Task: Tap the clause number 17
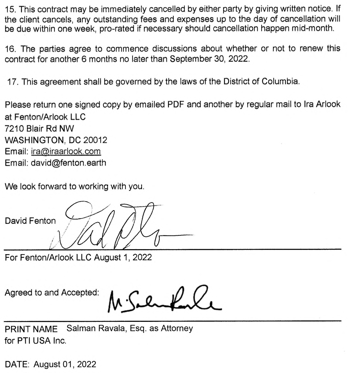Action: (x=13, y=82)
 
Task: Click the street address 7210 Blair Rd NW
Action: (x=39, y=128)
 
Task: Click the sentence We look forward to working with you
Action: (x=74, y=186)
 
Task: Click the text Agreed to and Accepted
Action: (x=52, y=292)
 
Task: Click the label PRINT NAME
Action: (x=31, y=329)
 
